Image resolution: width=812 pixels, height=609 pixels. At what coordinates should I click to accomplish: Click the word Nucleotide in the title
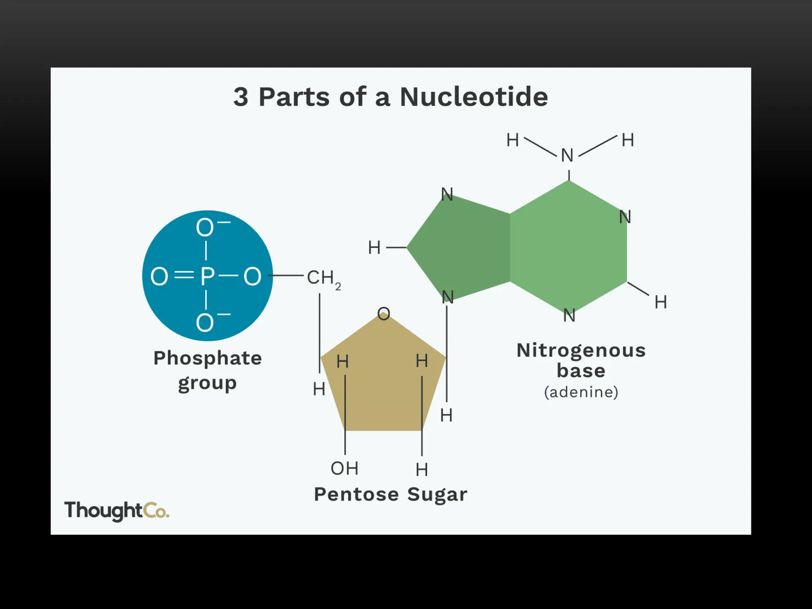point(474,97)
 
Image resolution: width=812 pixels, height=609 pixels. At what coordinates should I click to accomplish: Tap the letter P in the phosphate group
point(207,276)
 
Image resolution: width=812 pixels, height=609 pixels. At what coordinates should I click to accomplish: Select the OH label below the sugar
point(344,469)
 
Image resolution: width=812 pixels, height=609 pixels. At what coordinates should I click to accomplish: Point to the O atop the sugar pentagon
point(383,314)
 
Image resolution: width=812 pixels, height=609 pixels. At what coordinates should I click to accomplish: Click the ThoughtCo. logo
point(117,511)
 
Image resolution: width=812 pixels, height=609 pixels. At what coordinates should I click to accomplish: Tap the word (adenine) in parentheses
point(581,392)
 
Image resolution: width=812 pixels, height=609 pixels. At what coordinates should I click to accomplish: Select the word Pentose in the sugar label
point(356,494)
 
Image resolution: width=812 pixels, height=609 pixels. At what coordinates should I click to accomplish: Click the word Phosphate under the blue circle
point(207,358)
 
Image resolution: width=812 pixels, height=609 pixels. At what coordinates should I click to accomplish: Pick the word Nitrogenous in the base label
point(581,350)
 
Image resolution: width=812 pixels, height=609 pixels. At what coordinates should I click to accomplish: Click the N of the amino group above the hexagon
point(567,155)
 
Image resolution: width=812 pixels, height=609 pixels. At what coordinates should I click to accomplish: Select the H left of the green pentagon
point(374,248)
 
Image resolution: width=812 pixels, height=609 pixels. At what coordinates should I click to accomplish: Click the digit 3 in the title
point(241,97)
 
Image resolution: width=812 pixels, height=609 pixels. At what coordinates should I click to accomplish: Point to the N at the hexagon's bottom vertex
point(569,316)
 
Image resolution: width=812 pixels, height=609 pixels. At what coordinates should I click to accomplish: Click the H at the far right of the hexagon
point(661,302)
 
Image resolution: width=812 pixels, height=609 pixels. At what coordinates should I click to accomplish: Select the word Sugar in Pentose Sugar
point(437,494)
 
